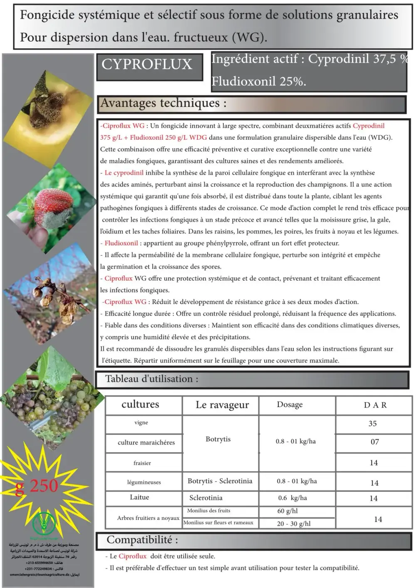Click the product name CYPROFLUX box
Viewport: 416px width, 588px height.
[x=147, y=65]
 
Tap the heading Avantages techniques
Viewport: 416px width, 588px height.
[x=164, y=103]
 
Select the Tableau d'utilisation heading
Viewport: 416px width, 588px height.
[x=151, y=379]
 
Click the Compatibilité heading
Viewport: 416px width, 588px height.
[x=142, y=540]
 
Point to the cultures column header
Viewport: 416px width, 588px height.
[x=140, y=405]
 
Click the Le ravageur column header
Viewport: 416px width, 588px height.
[x=222, y=405]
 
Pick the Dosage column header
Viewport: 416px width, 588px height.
[x=290, y=405]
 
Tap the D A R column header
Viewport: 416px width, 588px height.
[x=375, y=405]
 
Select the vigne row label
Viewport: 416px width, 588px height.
[x=141, y=423]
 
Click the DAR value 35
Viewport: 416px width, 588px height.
[x=372, y=424]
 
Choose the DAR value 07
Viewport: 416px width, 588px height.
[x=375, y=442]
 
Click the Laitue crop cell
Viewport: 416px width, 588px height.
[x=139, y=497]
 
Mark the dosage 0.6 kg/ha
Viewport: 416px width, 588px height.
[x=292, y=498]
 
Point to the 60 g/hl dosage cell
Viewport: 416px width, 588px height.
[x=287, y=511]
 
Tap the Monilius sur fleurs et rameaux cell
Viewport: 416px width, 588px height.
[x=218, y=523]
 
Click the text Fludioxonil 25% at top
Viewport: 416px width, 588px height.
[x=258, y=81]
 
